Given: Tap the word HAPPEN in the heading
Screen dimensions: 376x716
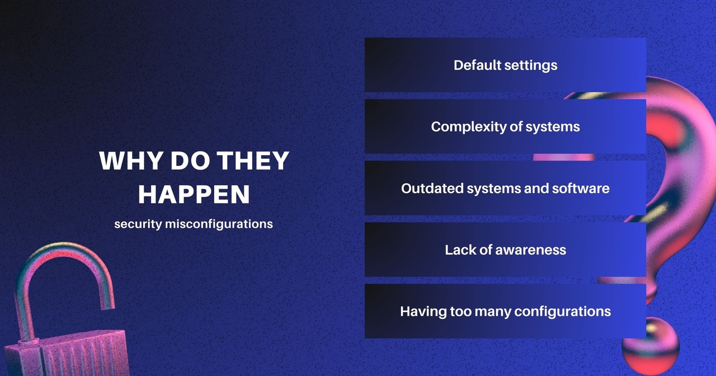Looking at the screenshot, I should pos(194,195).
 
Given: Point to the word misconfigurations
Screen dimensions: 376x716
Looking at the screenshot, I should pos(219,224).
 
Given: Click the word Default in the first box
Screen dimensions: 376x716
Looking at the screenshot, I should pos(477,65).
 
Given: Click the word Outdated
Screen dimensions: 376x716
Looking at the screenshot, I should pos(427,188).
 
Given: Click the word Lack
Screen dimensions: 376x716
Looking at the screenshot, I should pos(459,250).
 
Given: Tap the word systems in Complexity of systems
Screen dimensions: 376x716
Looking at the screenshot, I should pos(553,127).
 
